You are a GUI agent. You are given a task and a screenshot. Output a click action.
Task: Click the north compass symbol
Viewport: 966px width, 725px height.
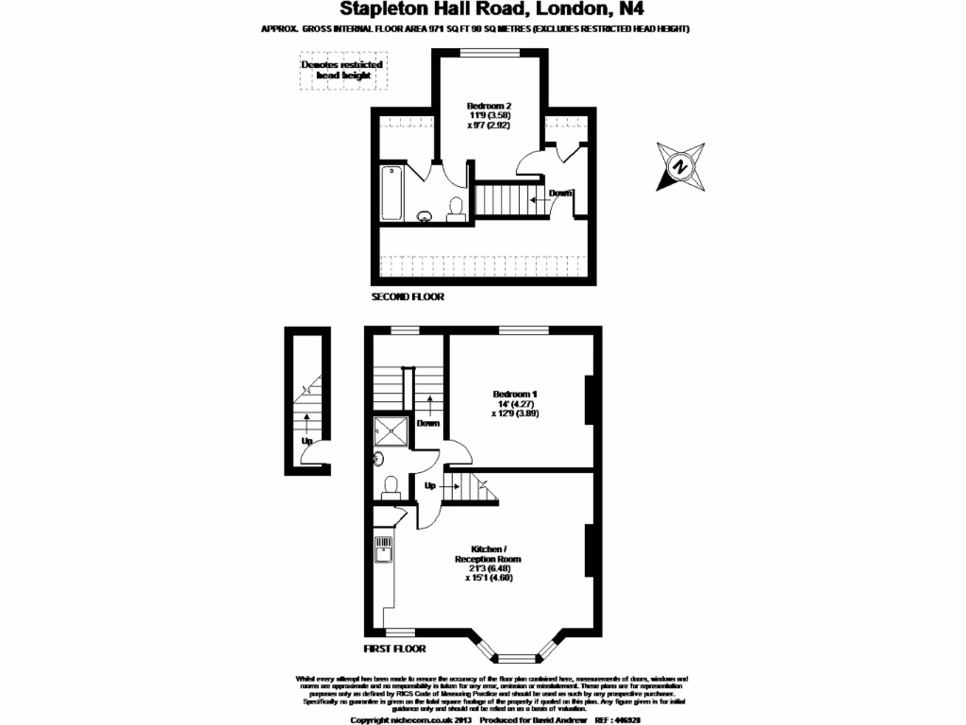click(679, 165)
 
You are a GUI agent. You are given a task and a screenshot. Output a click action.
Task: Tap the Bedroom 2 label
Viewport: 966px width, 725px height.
click(489, 115)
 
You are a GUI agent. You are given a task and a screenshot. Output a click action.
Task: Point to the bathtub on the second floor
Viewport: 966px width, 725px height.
click(391, 194)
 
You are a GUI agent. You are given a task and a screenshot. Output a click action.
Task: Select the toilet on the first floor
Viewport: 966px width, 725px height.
click(391, 487)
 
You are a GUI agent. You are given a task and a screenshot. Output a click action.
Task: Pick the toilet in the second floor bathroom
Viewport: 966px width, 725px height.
click(456, 210)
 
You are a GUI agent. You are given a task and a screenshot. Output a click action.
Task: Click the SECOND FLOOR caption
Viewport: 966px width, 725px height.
click(408, 296)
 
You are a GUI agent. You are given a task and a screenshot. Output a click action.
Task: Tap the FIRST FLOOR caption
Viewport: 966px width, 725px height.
click(394, 649)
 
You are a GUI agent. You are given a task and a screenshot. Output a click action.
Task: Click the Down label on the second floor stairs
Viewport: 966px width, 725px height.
click(560, 194)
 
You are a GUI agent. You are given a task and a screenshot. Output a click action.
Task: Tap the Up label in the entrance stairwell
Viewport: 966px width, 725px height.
click(308, 441)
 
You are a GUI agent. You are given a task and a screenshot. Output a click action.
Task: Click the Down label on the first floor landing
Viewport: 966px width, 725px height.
click(429, 423)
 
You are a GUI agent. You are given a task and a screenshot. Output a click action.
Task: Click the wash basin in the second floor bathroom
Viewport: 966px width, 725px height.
click(425, 216)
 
